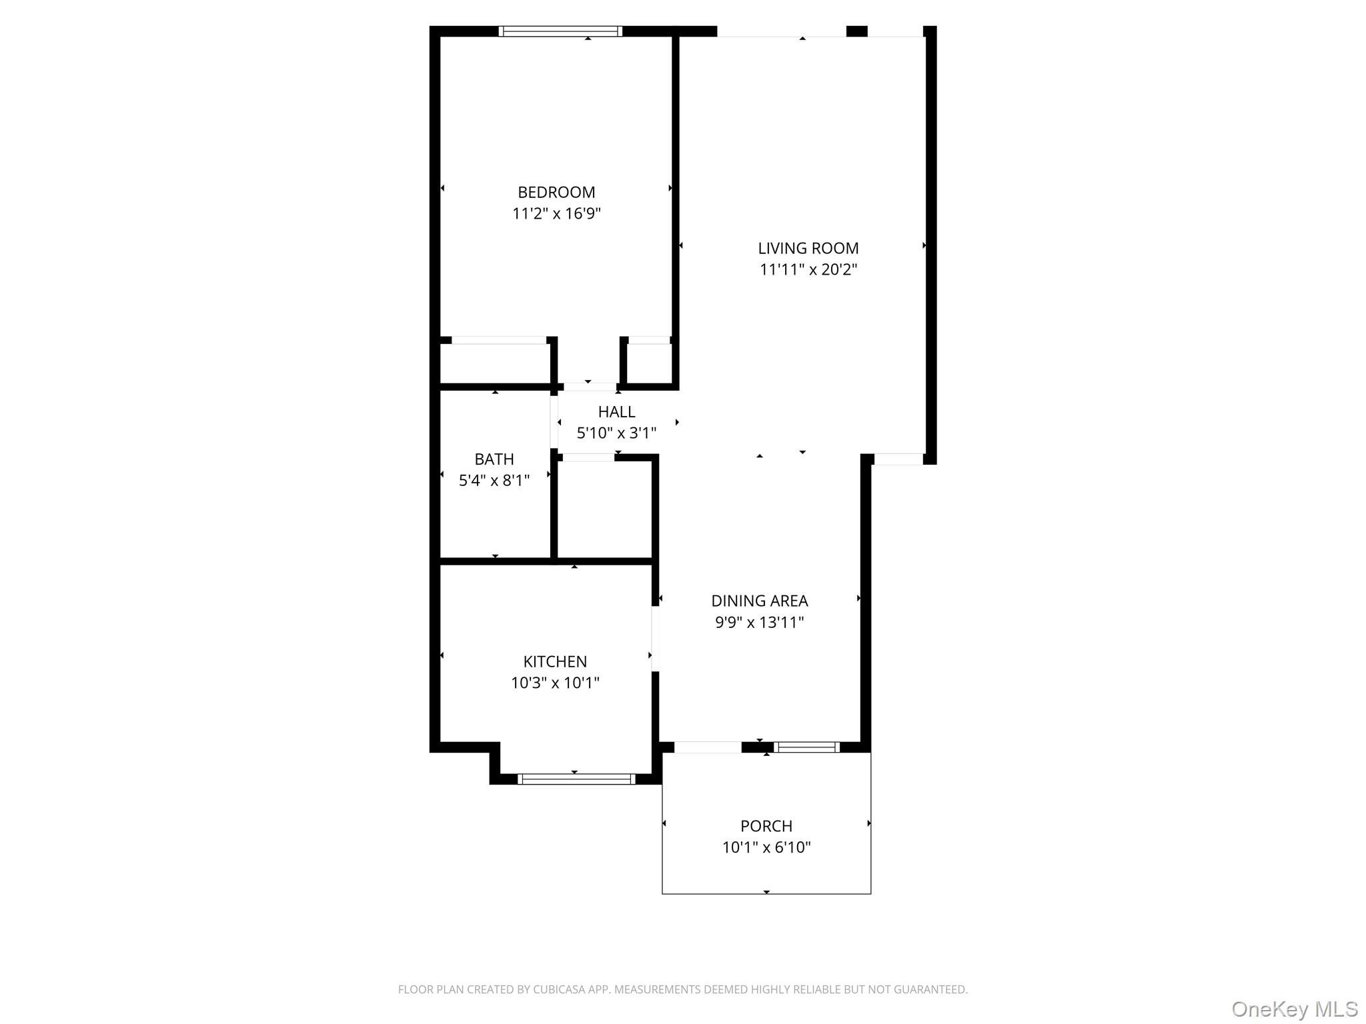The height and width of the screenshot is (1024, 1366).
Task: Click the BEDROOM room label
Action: click(x=556, y=192)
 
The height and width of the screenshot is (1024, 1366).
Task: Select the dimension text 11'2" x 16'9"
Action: click(x=556, y=214)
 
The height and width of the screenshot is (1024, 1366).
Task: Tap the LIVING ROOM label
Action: click(x=808, y=248)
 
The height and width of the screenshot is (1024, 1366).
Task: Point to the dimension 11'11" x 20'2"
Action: click(x=808, y=270)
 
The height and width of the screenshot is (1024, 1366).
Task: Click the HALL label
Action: click(x=616, y=411)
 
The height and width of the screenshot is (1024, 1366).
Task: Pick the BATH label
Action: click(x=494, y=459)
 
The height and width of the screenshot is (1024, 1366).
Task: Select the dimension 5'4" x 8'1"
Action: click(x=494, y=481)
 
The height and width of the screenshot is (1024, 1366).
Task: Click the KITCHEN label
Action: click(x=555, y=661)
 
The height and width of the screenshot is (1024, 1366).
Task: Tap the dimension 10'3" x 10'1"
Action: click(x=555, y=683)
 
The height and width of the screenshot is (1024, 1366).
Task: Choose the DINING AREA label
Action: click(x=759, y=601)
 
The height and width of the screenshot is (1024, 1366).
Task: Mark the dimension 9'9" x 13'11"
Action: click(x=759, y=623)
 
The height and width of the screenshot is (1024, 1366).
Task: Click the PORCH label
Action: click(x=766, y=826)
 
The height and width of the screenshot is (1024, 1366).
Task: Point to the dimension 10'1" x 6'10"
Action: click(x=766, y=848)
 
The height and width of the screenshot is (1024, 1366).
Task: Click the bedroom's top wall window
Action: click(x=560, y=31)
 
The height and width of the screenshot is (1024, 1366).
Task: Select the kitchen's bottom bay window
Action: click(x=576, y=779)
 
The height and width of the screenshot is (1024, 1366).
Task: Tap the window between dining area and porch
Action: click(x=806, y=747)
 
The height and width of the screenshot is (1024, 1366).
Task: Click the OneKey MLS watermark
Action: click(x=1294, y=1009)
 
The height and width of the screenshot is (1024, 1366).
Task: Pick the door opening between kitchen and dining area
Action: click(x=655, y=638)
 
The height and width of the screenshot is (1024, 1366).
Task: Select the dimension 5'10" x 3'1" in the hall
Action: click(x=616, y=433)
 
